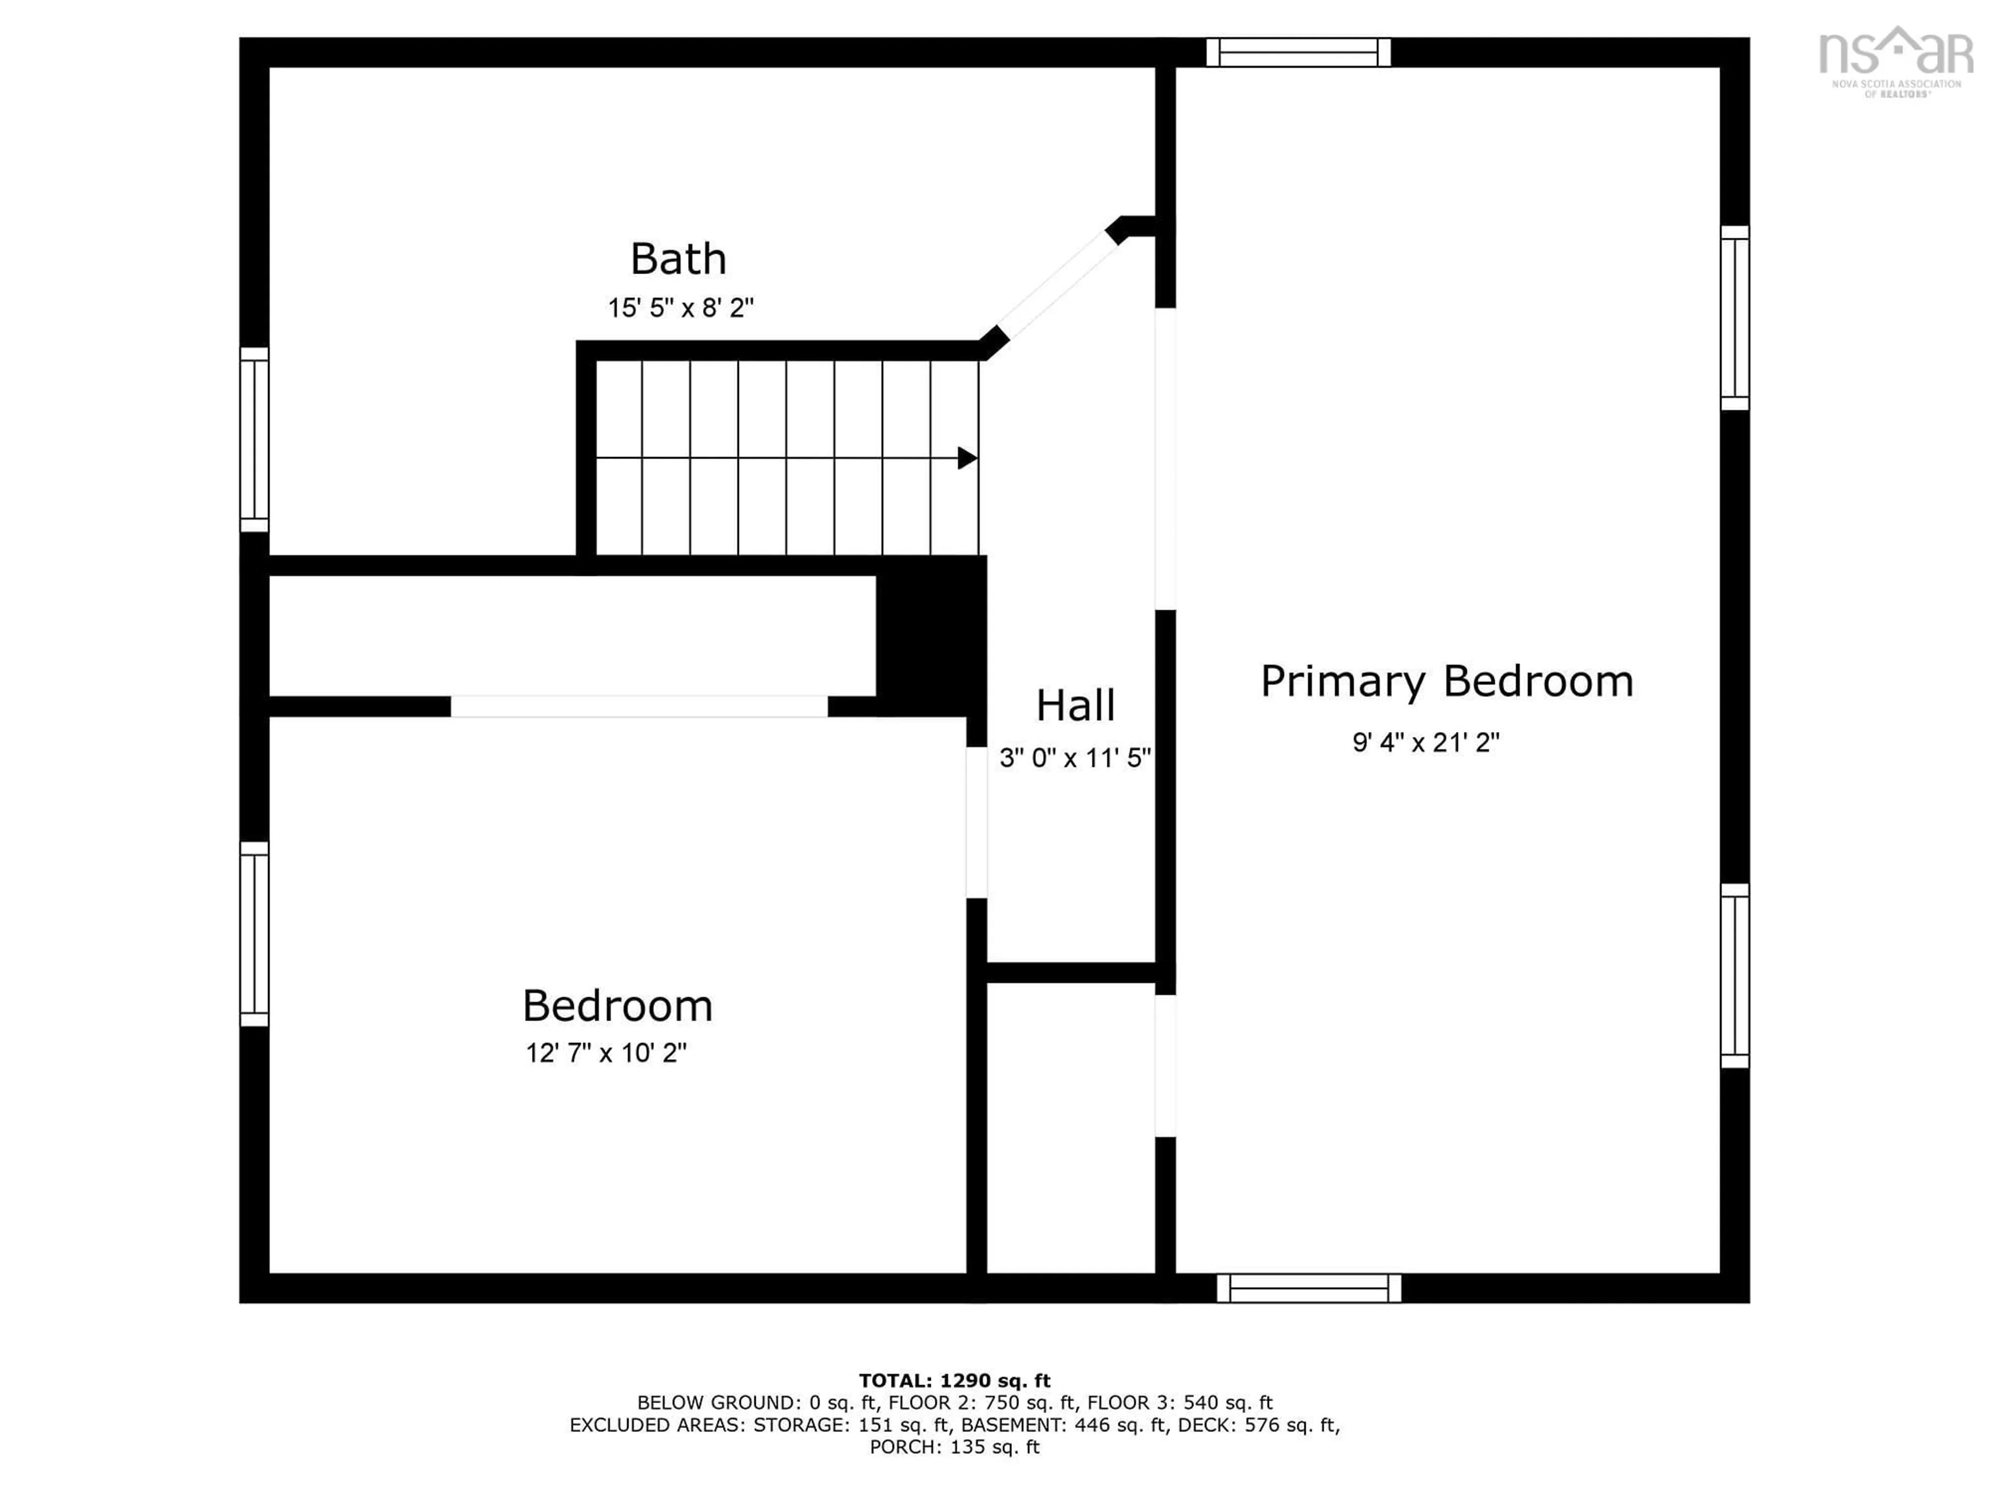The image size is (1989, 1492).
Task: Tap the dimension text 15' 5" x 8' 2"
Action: tap(680, 308)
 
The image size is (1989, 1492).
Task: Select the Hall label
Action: tap(1075, 706)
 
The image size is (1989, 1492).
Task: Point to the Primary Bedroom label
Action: tap(1446, 682)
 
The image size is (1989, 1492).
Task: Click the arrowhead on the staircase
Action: tap(967, 458)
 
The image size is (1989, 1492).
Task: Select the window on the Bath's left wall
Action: tap(254, 440)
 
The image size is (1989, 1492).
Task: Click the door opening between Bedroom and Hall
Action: tap(976, 823)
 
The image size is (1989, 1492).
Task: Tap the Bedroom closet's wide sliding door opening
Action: tap(639, 707)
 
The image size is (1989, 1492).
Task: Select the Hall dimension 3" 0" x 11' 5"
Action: tap(1075, 758)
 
